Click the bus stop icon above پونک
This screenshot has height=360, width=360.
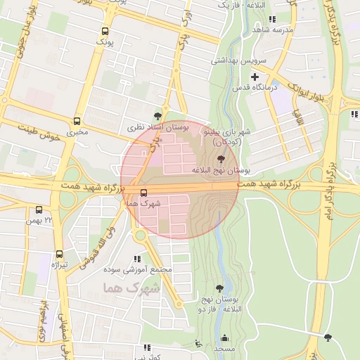point(105,32)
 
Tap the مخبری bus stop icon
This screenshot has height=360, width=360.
point(77,121)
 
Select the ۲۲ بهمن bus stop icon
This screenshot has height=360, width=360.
point(39,210)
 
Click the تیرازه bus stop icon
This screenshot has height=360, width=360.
point(59,253)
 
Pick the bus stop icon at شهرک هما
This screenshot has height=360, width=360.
point(144,192)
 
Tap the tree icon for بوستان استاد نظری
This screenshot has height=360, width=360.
point(157,116)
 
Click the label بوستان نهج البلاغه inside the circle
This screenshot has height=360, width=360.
point(221,171)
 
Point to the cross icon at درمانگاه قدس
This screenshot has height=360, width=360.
point(255,76)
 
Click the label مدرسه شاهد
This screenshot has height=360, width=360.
point(272,30)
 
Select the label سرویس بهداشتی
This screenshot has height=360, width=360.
point(239,61)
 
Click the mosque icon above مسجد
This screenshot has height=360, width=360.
point(224,337)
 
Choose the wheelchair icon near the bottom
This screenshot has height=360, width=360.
point(198,344)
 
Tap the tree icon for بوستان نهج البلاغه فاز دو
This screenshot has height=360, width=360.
point(220,288)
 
